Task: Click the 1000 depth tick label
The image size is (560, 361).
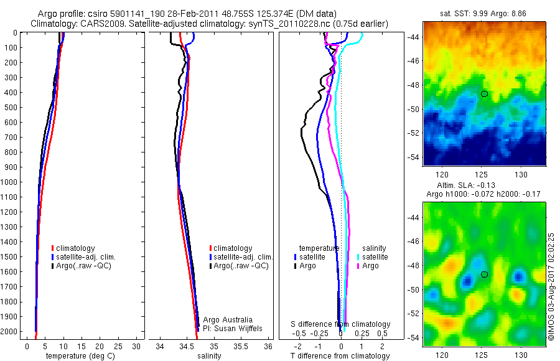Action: (9, 182)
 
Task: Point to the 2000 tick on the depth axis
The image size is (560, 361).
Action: (9, 332)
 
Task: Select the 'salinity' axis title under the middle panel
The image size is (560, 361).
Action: (209, 356)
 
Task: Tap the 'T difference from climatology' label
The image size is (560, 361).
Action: (340, 356)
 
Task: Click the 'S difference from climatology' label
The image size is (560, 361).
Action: (341, 324)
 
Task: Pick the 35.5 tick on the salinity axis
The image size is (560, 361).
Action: (241, 346)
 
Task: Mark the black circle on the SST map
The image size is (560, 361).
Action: (484, 93)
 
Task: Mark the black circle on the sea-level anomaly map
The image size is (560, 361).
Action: (484, 274)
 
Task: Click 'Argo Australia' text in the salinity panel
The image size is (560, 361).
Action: (228, 319)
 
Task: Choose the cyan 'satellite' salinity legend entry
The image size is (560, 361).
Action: (373, 256)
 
